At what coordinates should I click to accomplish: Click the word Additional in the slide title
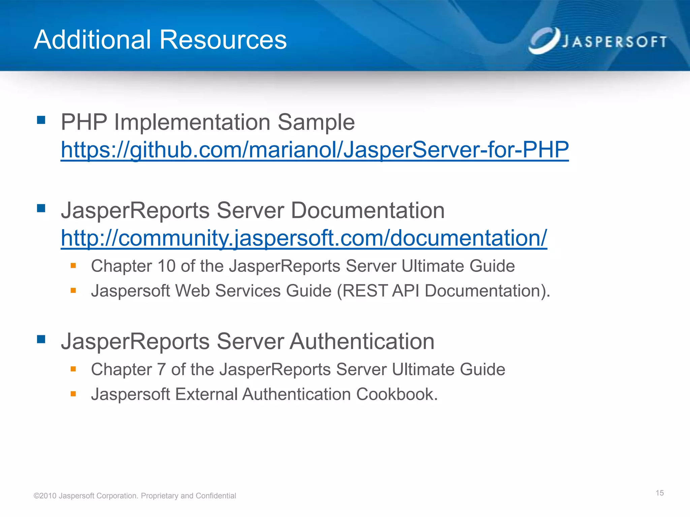[x=92, y=40]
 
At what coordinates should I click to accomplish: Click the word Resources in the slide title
[x=223, y=40]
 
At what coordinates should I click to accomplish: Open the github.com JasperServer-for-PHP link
[x=314, y=150]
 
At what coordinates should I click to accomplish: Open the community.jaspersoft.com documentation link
[x=304, y=238]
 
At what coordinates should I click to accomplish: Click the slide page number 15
[x=659, y=493]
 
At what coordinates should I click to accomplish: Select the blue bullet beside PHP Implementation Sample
[x=41, y=120]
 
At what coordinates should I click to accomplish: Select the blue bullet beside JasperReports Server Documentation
[x=41, y=208]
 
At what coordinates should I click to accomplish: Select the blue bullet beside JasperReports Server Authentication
[x=41, y=339]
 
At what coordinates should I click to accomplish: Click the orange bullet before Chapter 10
[x=73, y=266]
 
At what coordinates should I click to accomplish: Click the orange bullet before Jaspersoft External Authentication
[x=73, y=393]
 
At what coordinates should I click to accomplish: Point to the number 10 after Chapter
[x=166, y=266]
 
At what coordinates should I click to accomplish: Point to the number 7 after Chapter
[x=161, y=369]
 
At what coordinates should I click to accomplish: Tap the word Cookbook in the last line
[x=396, y=394]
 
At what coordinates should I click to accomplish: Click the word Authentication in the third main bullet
[x=362, y=341]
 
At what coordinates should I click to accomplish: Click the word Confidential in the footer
[x=216, y=496]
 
